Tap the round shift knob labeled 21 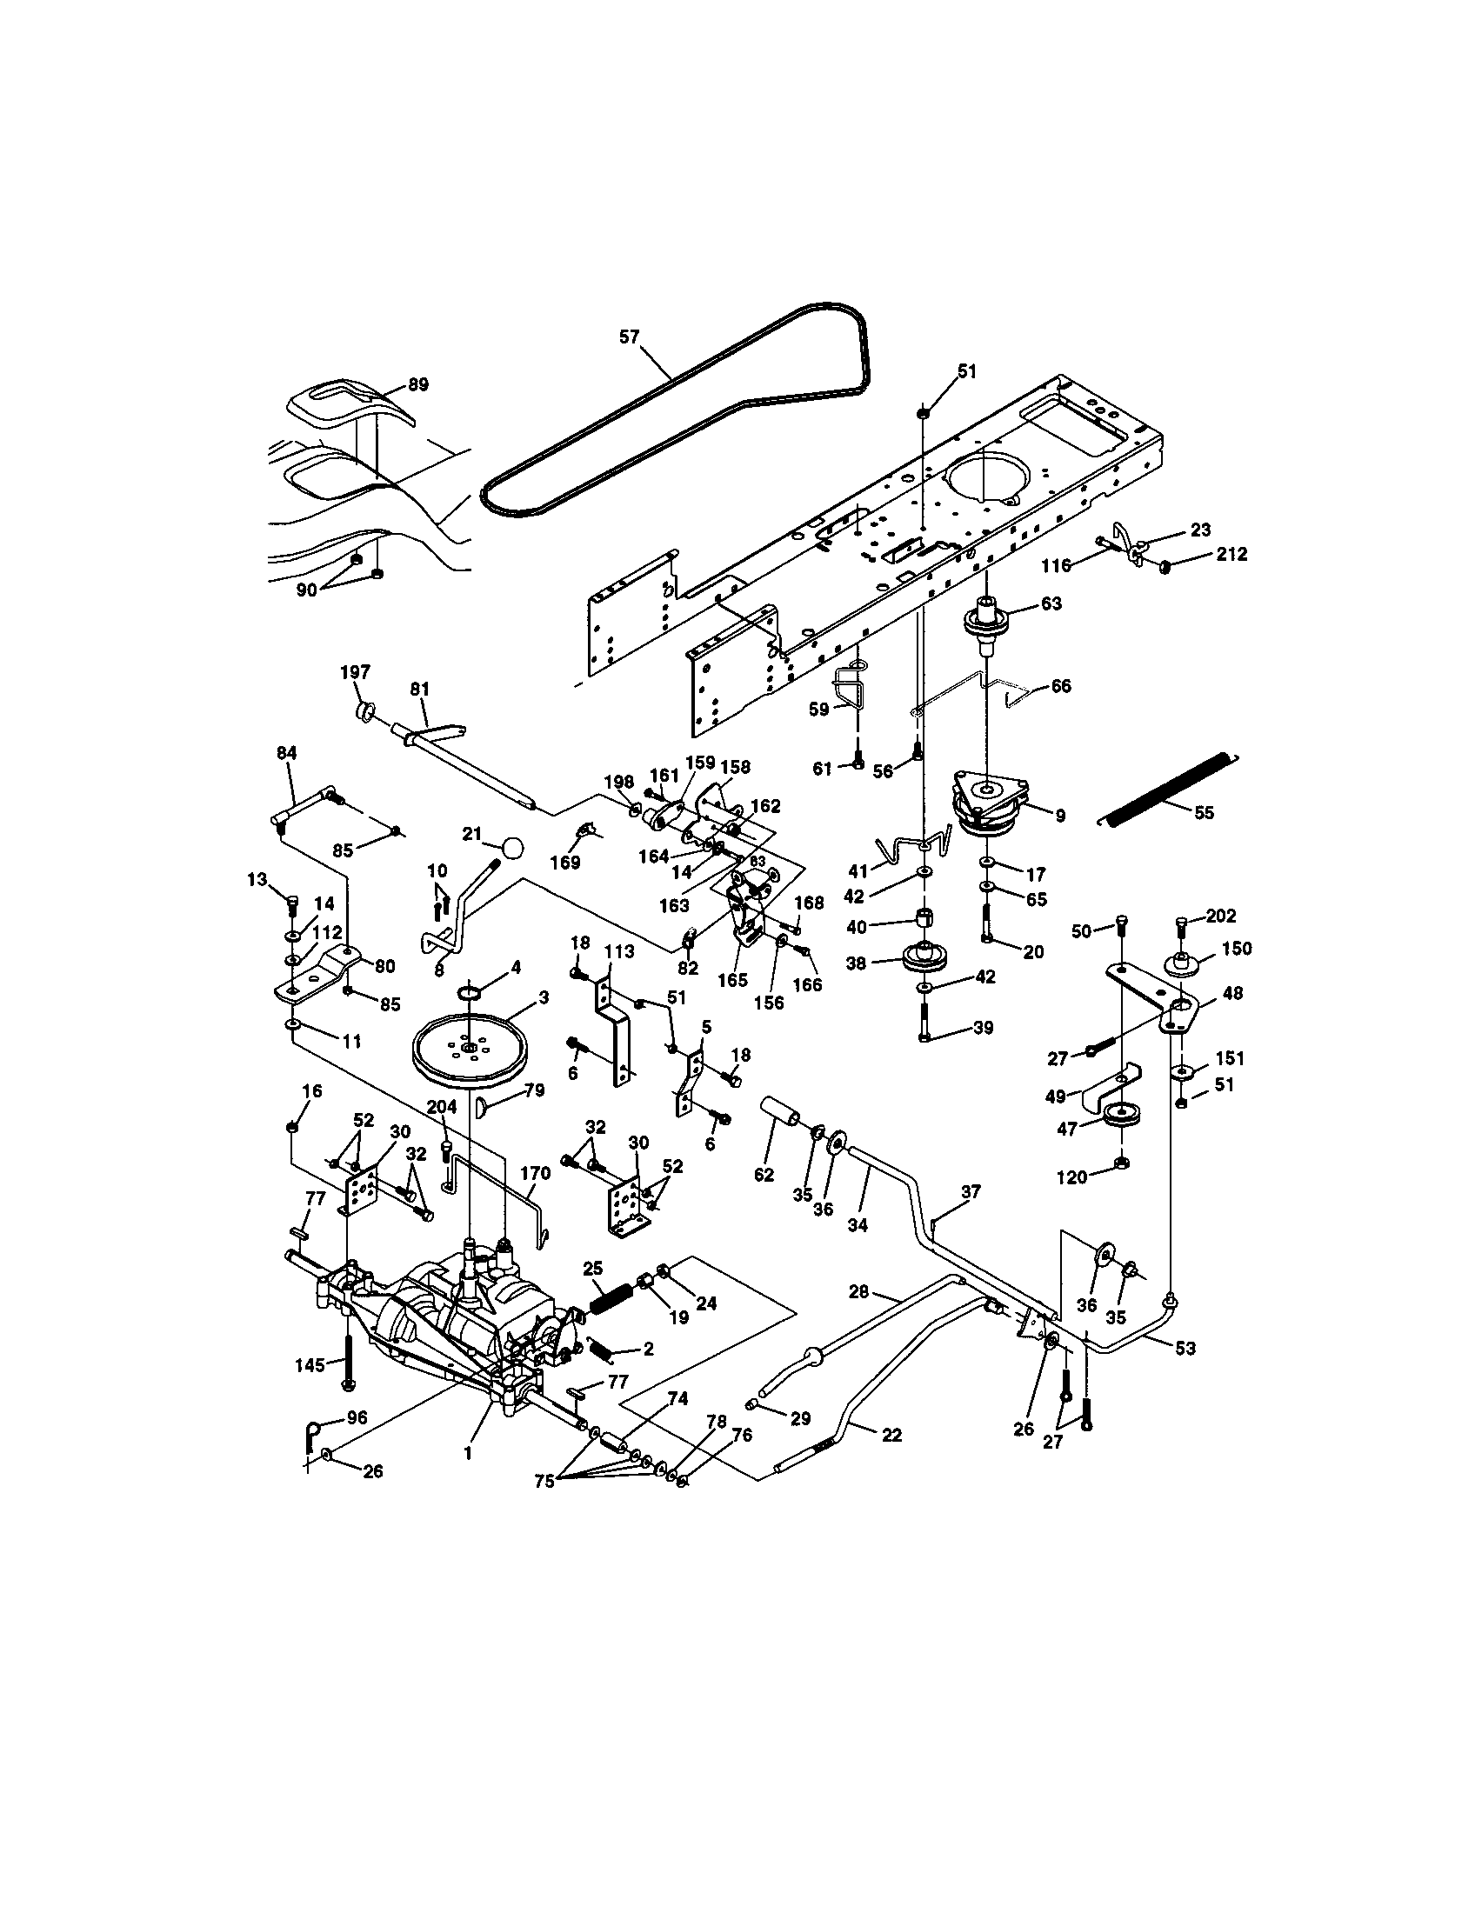[512, 848]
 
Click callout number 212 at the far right [1231, 555]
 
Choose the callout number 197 [355, 672]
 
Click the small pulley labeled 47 [1118, 1116]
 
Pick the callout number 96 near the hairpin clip [357, 1417]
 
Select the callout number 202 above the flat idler [1220, 916]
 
